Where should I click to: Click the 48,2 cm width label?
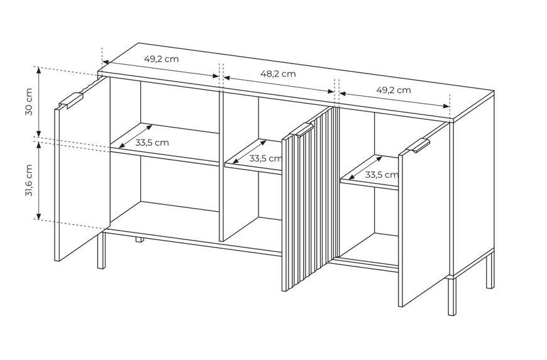click(278, 74)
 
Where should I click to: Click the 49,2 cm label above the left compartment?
click(162, 59)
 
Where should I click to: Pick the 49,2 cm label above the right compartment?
click(394, 90)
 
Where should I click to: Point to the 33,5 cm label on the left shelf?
click(152, 143)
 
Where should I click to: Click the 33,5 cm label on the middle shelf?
click(265, 158)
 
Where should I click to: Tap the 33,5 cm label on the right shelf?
click(381, 175)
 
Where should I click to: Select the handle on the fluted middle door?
click(302, 129)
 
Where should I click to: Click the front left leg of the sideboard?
click(101, 250)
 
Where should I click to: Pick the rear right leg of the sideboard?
click(490, 270)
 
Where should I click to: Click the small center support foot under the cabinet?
click(140, 239)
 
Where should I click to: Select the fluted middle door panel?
click(311, 199)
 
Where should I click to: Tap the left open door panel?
click(82, 168)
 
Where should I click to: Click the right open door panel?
click(424, 215)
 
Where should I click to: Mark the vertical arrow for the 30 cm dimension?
click(39, 101)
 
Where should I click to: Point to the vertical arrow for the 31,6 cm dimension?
click(39, 180)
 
